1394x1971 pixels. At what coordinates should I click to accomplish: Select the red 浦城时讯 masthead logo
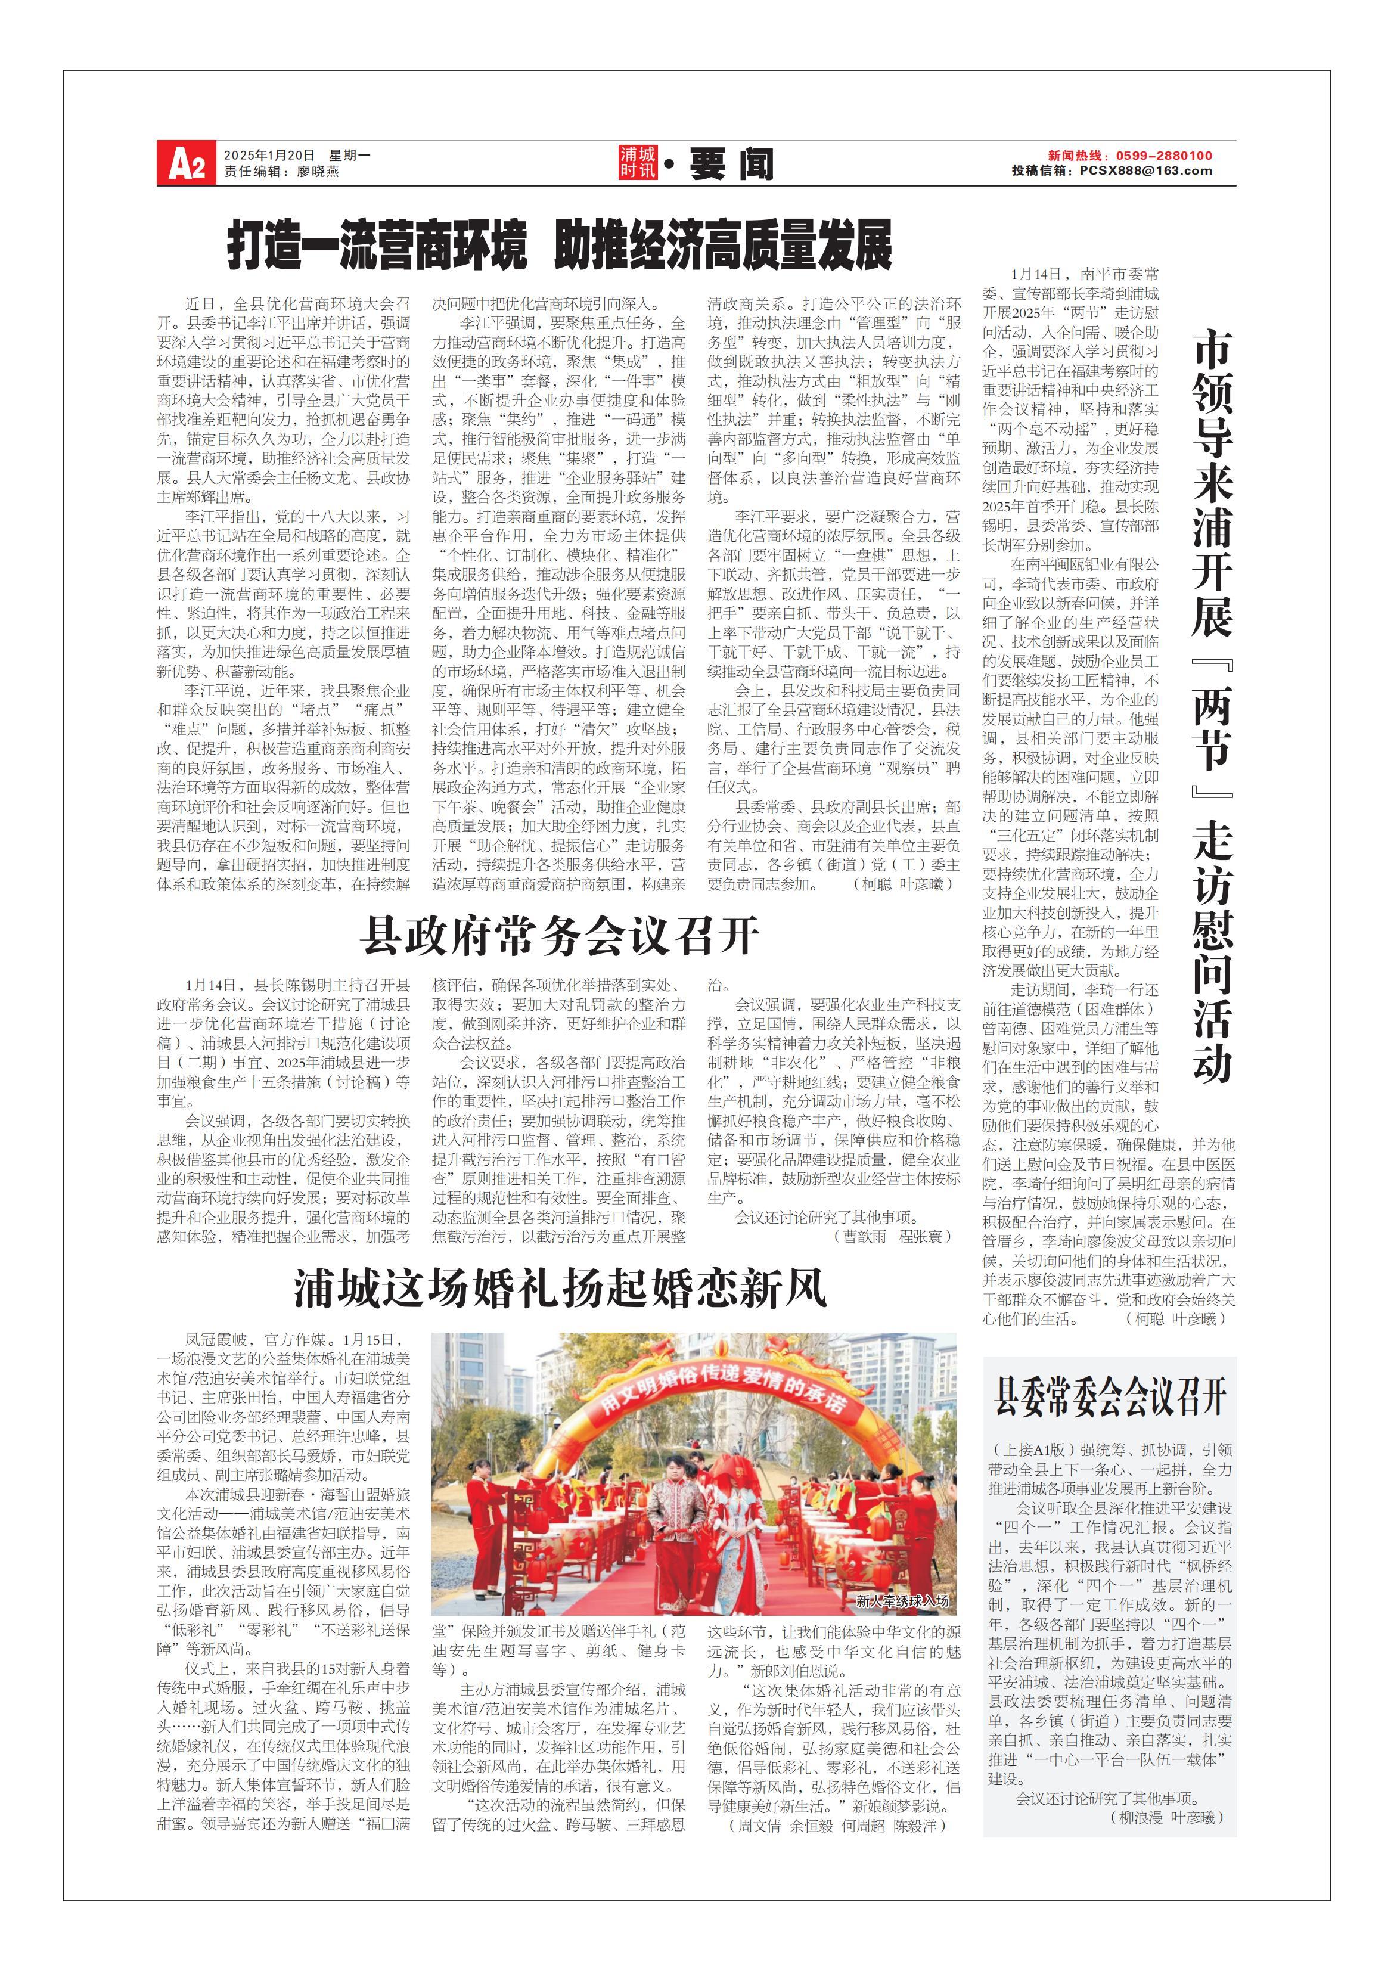click(638, 162)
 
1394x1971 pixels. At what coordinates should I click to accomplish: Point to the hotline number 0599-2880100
click(1164, 156)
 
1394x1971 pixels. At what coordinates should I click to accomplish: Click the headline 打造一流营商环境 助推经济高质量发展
click(560, 246)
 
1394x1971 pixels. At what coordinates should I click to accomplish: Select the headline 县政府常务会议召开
click(560, 936)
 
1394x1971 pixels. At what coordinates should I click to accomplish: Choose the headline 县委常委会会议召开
click(1110, 1396)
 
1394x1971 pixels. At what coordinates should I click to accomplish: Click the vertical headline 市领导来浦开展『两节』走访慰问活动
click(1212, 704)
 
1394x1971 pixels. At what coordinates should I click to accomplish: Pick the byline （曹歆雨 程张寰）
click(893, 1236)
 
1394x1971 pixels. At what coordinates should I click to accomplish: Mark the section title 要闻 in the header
click(731, 163)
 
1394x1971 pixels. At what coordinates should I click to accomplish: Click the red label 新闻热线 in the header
click(1074, 156)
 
